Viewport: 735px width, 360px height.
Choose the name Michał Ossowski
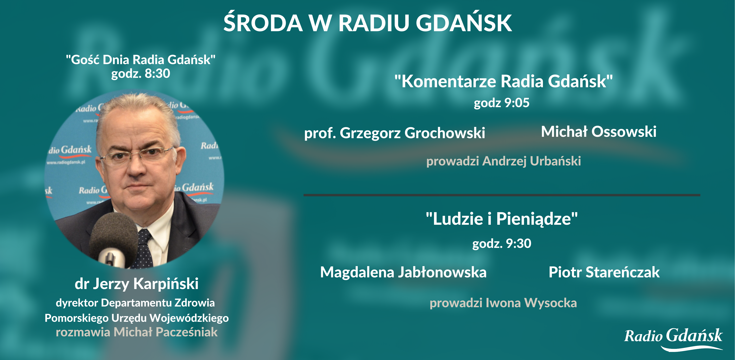pyautogui.click(x=599, y=132)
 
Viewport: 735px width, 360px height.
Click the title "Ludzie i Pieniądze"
pyautogui.click(x=502, y=219)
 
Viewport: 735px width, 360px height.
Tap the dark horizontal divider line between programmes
pyautogui.click(x=502, y=195)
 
